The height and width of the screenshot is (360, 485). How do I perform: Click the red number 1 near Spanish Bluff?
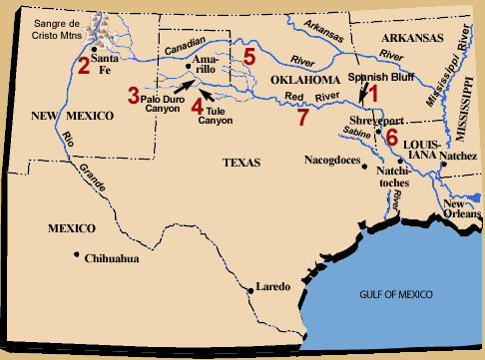click(374, 93)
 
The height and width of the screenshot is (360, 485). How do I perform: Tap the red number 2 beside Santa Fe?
click(83, 68)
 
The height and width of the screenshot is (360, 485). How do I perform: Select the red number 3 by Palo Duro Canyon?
click(133, 96)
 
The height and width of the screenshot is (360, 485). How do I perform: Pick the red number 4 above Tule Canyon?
click(197, 105)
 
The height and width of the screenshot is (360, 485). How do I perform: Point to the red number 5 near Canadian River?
click(249, 55)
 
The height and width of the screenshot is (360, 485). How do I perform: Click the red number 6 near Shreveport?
click(391, 136)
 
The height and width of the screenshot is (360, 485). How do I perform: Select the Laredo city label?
click(272, 287)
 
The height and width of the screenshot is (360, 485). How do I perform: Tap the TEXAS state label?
click(242, 163)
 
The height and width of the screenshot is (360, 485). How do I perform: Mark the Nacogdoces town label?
click(335, 159)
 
